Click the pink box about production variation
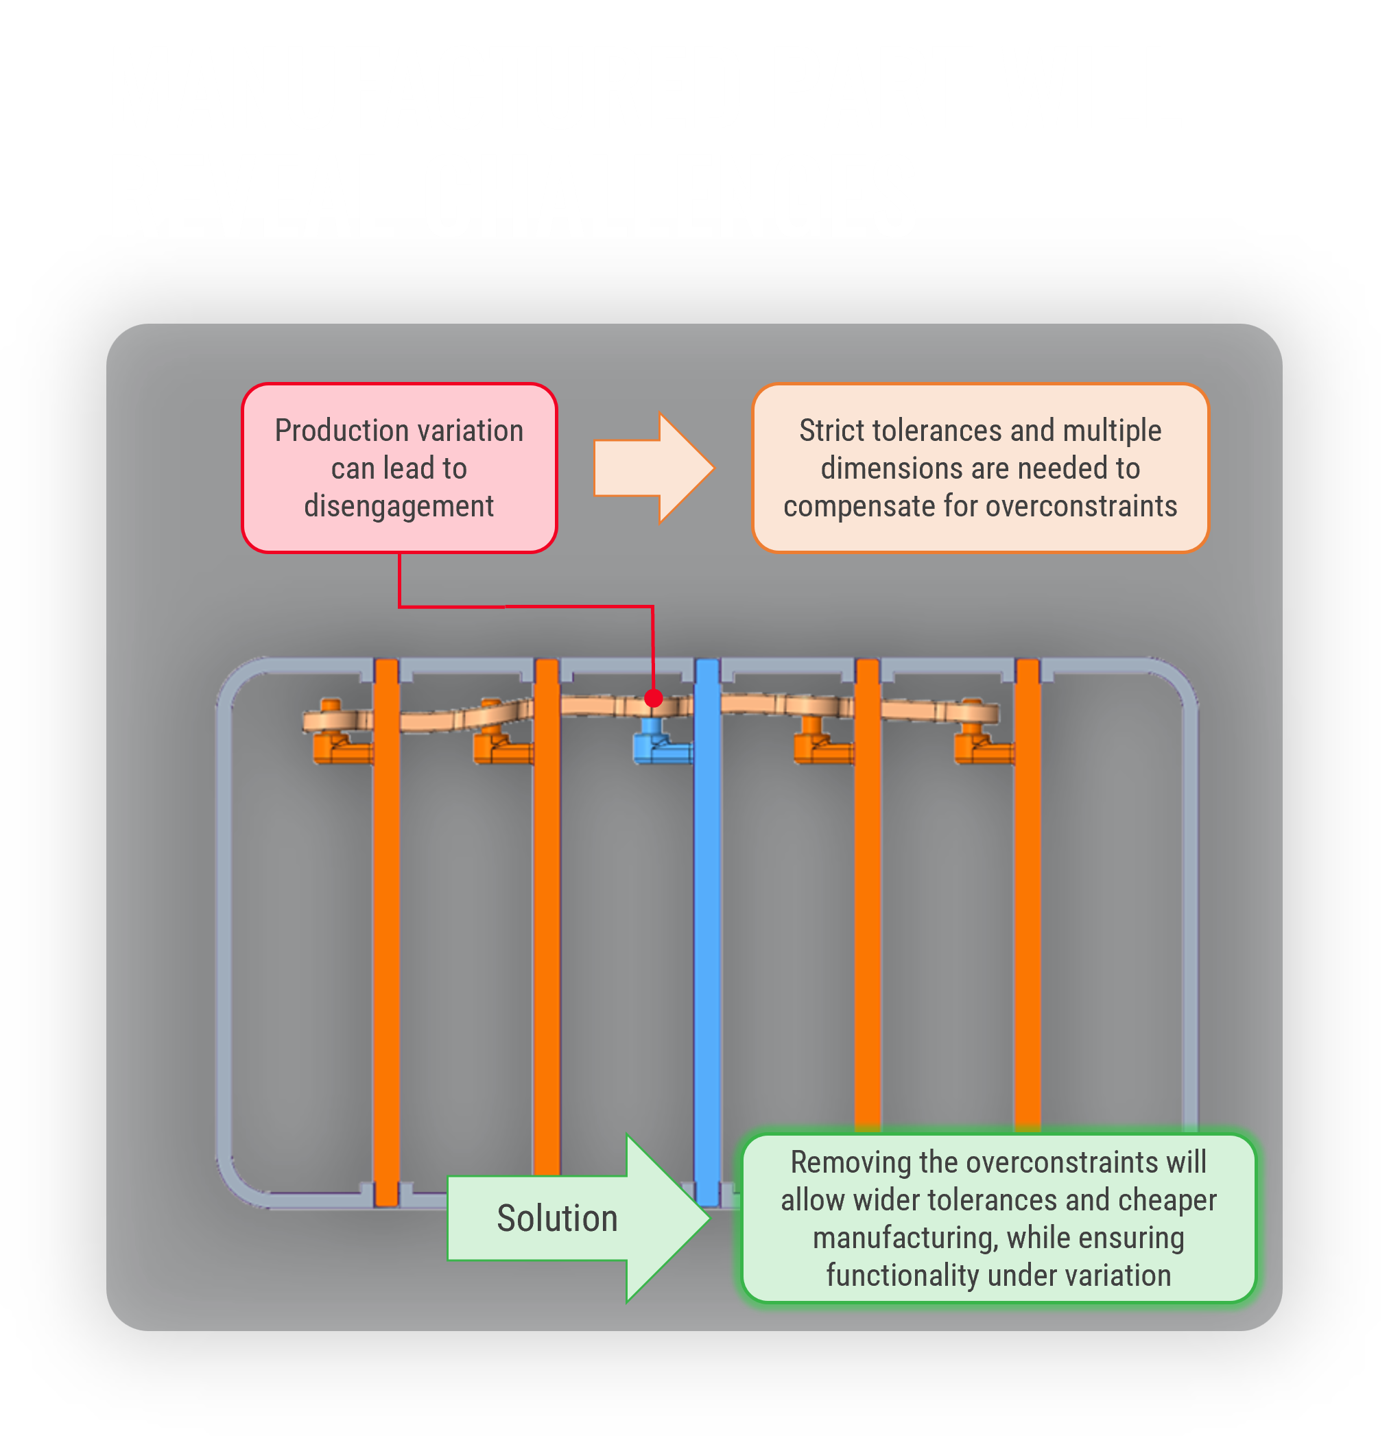coord(399,468)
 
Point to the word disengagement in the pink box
coord(399,506)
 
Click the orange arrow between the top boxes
coord(652,468)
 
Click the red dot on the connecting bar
coord(653,698)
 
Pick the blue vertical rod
coord(707,916)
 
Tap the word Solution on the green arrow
coord(557,1219)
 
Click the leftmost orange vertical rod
coord(386,916)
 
